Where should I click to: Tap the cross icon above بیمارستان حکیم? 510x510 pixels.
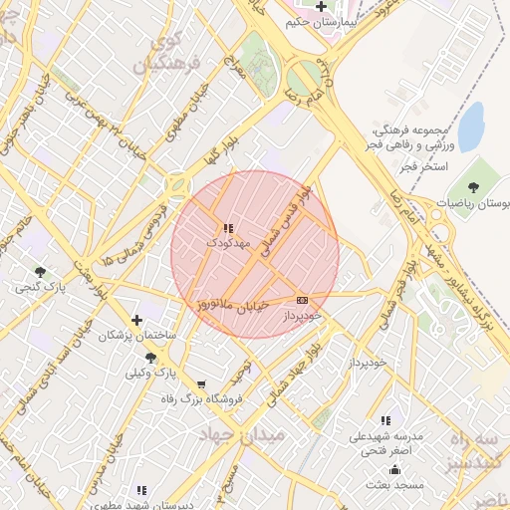[321, 6]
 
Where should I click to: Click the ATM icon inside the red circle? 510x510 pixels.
[302, 300]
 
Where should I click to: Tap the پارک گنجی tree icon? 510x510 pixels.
[40, 272]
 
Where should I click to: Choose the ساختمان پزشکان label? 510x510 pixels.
[136, 337]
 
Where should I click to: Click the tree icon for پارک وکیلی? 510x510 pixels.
[150, 358]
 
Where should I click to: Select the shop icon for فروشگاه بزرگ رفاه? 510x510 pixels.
[202, 384]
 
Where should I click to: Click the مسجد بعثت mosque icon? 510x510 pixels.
[394, 469]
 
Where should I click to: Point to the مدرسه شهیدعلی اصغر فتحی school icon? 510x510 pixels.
[386, 420]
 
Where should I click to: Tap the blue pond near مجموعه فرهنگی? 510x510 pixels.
[470, 125]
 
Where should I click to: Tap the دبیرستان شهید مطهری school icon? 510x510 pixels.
[141, 490]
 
